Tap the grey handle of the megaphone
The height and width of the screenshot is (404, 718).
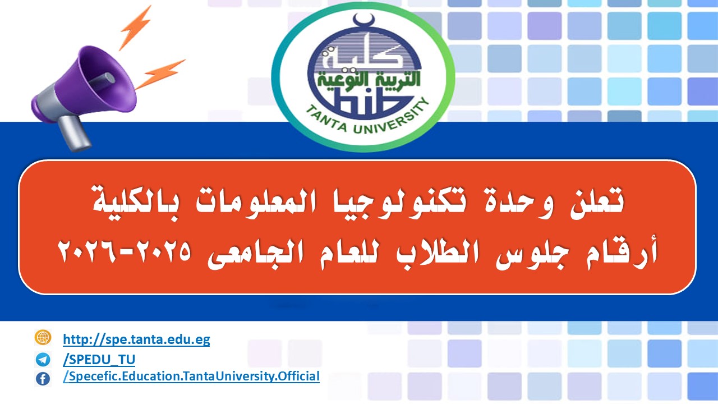[73, 133]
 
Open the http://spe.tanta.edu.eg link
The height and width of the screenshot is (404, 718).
[136, 339]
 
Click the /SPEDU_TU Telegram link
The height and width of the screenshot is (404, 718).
[99, 360]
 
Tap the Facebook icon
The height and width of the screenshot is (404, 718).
[43, 379]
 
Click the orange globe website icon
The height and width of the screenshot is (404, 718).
[43, 337]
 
